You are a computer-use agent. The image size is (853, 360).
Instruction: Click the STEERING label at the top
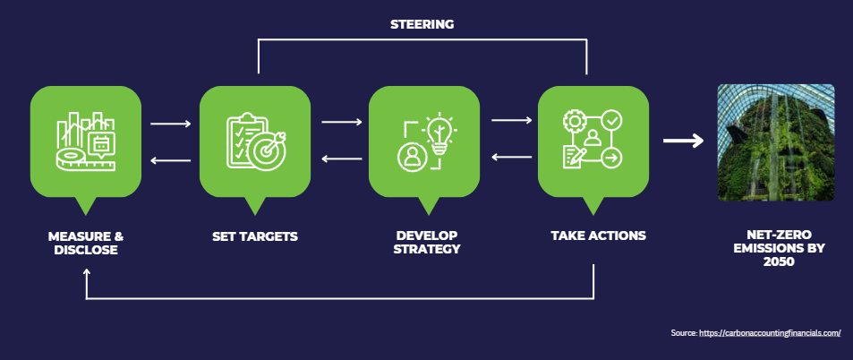point(422,24)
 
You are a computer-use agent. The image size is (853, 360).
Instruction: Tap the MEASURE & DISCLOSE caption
point(86,243)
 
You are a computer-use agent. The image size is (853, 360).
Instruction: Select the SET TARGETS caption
point(255,236)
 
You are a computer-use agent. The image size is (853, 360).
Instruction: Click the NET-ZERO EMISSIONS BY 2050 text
point(777,249)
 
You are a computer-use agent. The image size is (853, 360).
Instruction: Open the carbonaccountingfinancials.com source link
point(770,333)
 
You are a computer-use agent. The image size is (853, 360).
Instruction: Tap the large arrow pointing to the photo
point(683,141)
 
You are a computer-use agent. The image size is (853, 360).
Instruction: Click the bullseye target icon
point(266,150)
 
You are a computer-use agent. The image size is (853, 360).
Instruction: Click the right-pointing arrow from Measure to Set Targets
point(171,123)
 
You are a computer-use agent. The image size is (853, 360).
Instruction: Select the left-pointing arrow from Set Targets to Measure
point(171,160)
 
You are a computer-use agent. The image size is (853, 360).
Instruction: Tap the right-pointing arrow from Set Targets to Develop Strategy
point(341,122)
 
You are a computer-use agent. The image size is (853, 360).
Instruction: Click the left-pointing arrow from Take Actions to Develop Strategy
point(511,159)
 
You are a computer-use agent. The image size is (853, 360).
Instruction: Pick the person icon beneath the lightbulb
point(413,156)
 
